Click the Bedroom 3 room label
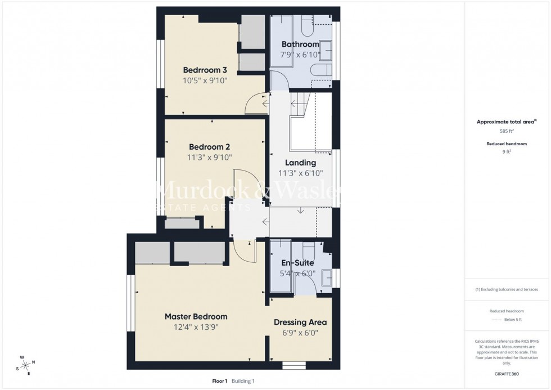pos(205,70)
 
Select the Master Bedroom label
pos(196,316)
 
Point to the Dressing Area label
pos(300,322)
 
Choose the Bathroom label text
pos(300,44)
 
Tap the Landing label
pos(300,163)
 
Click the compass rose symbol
pos(25,364)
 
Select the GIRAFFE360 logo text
pos(507,373)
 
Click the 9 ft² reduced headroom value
pos(507,151)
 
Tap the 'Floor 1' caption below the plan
pos(219,381)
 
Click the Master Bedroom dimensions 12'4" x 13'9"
pos(196,326)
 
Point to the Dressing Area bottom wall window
pos(293,366)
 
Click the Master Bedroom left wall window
pos(131,303)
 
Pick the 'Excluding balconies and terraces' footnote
pos(507,289)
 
